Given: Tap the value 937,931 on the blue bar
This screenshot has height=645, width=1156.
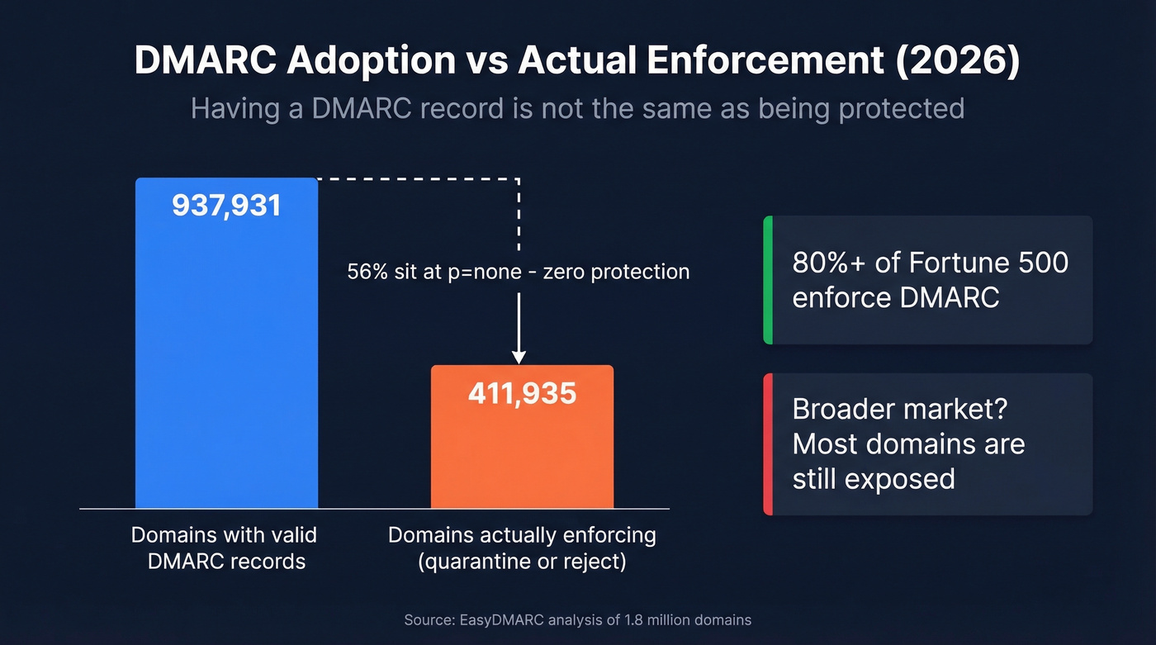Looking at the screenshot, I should pos(226,206).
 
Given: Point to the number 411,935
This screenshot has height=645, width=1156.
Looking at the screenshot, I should pos(522,394).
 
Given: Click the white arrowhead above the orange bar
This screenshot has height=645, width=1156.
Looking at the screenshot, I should pos(519,357).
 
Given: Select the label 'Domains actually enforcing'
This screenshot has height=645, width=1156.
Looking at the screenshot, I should pos(522,535).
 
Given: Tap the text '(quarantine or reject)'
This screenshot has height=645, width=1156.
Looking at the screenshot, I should pos(522,562).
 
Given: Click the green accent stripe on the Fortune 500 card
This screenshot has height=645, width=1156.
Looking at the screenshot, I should pos(768,280).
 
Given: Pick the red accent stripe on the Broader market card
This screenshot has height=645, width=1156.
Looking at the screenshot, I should pos(768,444).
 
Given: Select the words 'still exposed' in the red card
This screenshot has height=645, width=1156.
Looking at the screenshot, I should pos(874,479).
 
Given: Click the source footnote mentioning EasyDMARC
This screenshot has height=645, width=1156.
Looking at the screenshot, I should pos(577,619).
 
